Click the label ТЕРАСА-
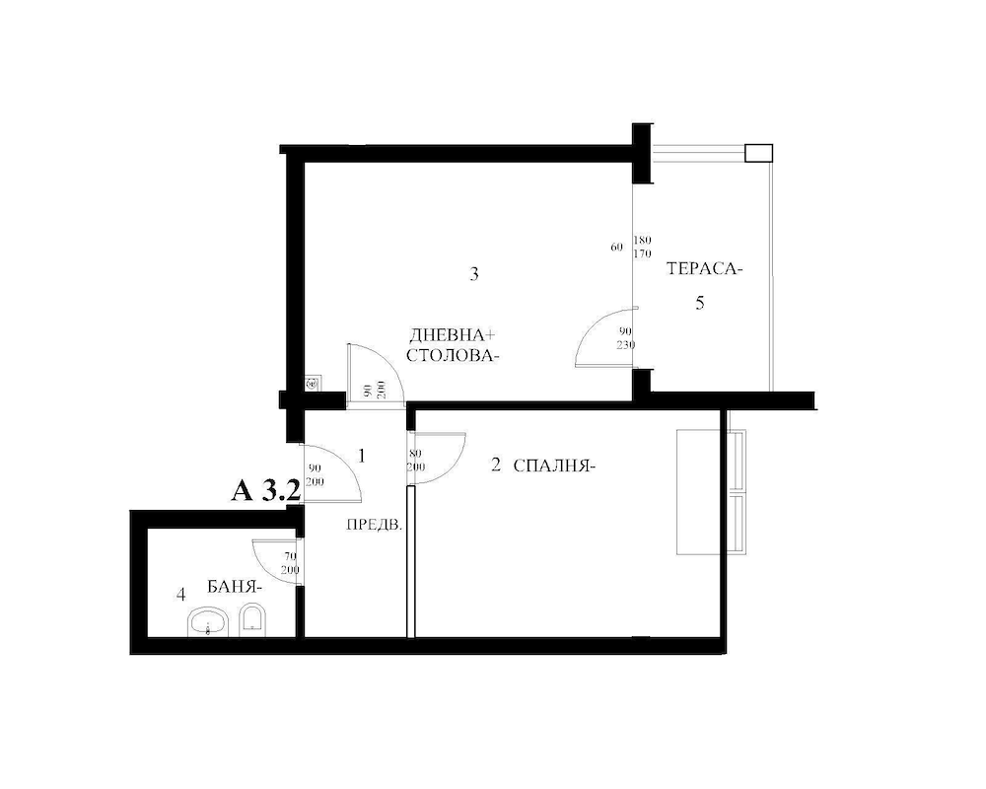point(704,269)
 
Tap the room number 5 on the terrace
point(700,303)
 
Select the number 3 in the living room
point(474,274)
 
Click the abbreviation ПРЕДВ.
point(374,526)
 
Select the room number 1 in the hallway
point(362,456)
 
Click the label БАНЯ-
point(234,586)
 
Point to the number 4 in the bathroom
point(179,595)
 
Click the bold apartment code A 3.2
point(265,491)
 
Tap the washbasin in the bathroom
point(208,621)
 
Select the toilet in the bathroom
point(252,619)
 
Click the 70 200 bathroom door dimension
point(290,563)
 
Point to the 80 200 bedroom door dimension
point(416,461)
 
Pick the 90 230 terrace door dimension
point(625,338)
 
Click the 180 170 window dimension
point(643,247)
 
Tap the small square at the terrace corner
point(758,152)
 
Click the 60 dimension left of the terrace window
point(616,248)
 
